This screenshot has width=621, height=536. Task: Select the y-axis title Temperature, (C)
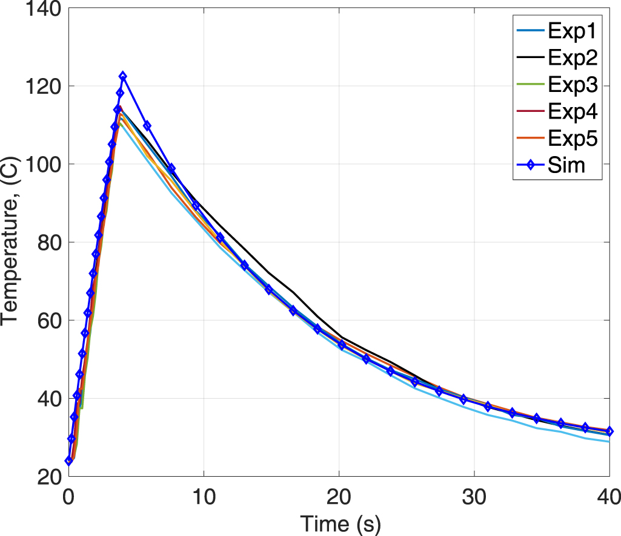click(x=12, y=242)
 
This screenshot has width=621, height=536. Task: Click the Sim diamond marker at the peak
click(x=123, y=76)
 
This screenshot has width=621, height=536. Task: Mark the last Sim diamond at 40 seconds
click(x=609, y=431)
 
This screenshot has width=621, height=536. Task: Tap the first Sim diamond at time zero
click(x=68, y=461)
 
